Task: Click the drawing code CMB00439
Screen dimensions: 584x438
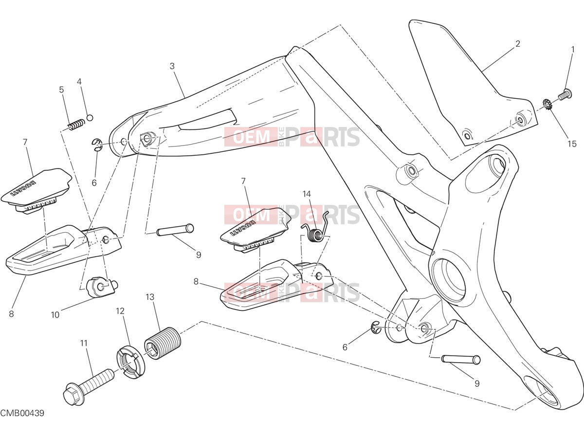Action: (22, 420)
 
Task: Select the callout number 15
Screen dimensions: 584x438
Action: (572, 144)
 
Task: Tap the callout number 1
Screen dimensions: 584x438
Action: (573, 50)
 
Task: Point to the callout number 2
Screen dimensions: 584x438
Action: (517, 44)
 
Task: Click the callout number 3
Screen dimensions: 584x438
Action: (172, 66)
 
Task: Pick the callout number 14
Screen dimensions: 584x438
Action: (307, 194)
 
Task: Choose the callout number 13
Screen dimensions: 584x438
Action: (150, 297)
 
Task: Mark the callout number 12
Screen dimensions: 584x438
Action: (120, 310)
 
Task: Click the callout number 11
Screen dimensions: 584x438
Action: (84, 343)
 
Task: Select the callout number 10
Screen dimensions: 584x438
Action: (55, 315)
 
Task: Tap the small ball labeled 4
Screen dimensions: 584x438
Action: (90, 118)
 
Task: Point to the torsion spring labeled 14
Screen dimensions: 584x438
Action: (315, 227)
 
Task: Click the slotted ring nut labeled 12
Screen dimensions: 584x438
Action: (131, 361)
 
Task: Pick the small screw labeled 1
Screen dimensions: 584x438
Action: (565, 95)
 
